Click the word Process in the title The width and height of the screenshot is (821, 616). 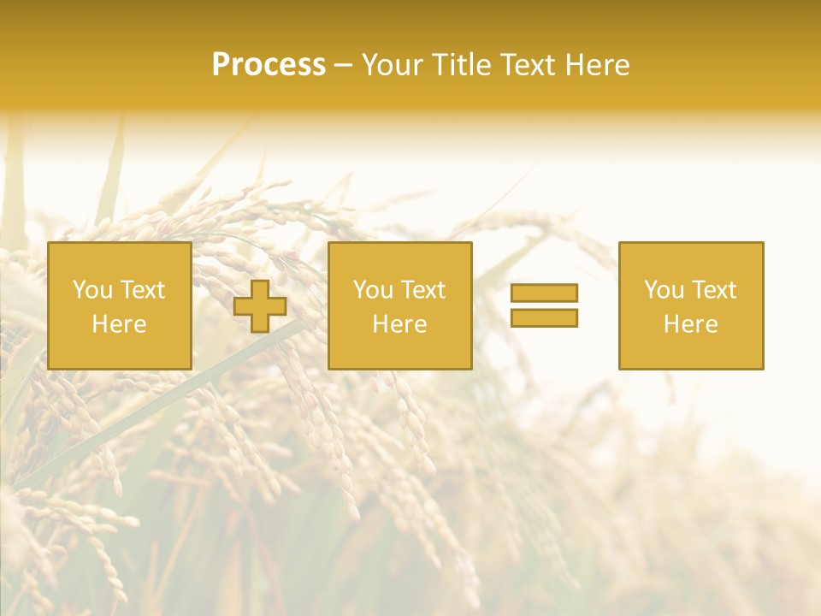point(269,65)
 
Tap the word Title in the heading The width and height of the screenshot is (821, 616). point(459,65)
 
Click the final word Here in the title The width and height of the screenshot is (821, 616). point(598,65)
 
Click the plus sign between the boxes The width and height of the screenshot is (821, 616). point(260,306)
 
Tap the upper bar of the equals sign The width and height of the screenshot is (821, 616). point(544,293)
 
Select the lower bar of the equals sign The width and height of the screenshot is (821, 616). point(544,317)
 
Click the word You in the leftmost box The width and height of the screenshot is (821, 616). point(92,290)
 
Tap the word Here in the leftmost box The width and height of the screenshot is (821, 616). point(119,324)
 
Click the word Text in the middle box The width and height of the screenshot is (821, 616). point(422,290)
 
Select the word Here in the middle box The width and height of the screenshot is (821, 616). point(399,324)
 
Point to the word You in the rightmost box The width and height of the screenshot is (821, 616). point(664,290)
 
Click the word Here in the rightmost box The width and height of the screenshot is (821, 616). point(691,324)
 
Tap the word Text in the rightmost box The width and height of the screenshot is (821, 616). point(712,290)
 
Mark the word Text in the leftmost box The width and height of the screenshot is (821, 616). point(141,290)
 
